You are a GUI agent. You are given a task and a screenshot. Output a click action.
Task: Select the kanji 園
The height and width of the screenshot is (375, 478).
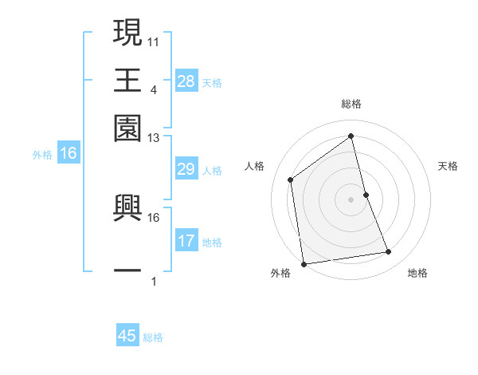tap(127, 127)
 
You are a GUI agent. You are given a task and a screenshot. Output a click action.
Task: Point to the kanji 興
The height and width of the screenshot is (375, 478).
tap(127, 207)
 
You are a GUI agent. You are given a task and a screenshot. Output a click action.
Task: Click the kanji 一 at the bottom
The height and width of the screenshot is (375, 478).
tap(127, 271)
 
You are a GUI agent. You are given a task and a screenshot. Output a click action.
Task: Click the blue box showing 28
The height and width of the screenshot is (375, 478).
tap(186, 81)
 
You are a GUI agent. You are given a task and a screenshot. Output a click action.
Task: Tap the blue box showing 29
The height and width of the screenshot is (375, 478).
tap(186, 170)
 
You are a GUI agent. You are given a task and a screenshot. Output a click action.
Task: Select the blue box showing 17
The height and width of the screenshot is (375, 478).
tap(186, 241)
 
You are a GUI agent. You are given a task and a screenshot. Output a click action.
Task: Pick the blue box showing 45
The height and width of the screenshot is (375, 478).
tap(127, 336)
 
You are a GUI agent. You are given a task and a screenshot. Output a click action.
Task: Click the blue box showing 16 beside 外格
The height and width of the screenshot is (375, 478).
tap(69, 154)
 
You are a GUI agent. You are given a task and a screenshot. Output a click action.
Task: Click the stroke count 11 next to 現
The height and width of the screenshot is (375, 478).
tap(154, 41)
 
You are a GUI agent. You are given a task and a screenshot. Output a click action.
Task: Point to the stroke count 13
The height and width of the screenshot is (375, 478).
tap(154, 138)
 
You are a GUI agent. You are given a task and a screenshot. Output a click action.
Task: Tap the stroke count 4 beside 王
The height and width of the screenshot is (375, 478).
tap(153, 89)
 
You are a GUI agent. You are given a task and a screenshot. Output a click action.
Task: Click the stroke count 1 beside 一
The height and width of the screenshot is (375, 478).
tap(153, 282)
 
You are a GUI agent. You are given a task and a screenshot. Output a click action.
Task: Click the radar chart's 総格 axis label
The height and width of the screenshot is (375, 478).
tap(351, 105)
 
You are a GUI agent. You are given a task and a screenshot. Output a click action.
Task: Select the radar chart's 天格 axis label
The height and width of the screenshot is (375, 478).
tap(448, 166)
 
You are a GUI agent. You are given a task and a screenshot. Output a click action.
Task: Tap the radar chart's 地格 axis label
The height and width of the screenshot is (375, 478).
tap(417, 273)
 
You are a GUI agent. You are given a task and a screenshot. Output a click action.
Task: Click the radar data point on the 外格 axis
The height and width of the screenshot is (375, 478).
tap(304, 264)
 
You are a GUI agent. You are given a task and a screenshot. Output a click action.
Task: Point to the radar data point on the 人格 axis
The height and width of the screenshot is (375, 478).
tap(291, 180)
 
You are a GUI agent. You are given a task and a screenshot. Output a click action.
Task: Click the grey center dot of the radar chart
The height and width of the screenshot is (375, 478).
tap(351, 199)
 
